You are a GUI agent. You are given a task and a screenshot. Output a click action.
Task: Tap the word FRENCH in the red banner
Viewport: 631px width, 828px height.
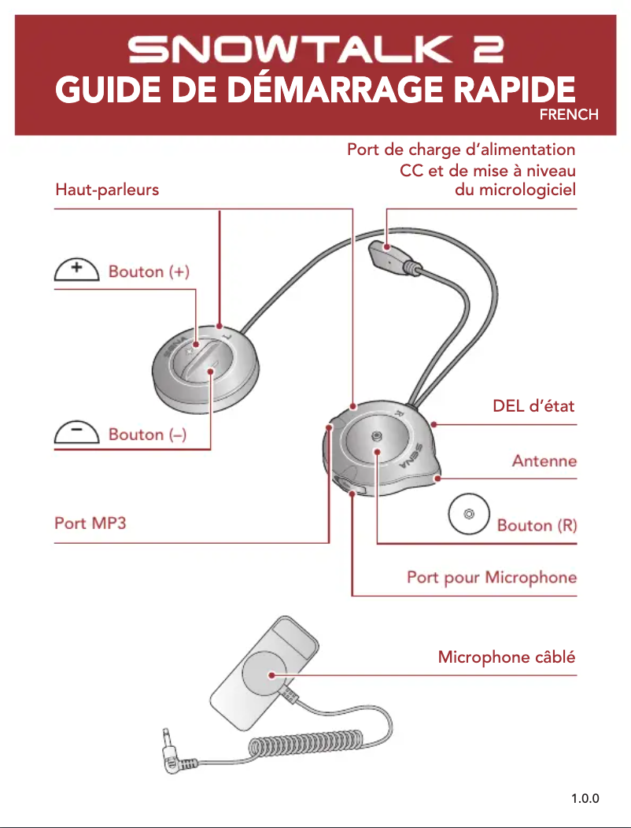pos(569,115)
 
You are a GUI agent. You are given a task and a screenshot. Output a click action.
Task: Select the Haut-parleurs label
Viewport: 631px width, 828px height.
pos(107,190)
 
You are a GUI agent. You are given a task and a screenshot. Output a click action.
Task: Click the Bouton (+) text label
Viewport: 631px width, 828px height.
pos(149,272)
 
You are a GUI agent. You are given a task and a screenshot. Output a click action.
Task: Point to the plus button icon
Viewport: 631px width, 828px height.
pos(76,270)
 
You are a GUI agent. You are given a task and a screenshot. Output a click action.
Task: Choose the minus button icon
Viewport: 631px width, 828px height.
pos(76,433)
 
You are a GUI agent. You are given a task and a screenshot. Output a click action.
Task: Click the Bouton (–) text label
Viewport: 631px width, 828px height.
pos(147,434)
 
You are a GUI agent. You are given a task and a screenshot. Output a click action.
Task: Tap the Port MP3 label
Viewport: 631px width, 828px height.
pos(90,523)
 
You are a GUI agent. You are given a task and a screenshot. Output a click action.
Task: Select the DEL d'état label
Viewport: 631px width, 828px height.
pos(533,407)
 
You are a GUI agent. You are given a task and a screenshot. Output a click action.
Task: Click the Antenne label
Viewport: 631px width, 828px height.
pos(544,460)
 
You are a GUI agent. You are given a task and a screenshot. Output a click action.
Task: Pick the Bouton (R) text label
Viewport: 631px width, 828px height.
pos(537,525)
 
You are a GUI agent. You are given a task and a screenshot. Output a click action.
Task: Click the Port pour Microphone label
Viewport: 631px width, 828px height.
pos(492,578)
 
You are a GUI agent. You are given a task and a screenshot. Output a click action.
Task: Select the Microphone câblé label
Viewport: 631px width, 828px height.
pos(507,657)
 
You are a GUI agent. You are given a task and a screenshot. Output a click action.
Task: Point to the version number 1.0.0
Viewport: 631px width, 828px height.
pos(585,800)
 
